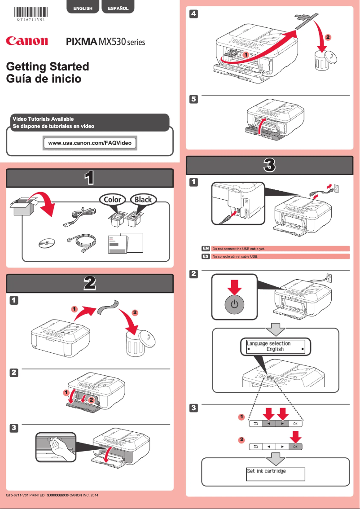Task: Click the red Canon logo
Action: click(27, 41)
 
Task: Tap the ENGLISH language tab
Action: click(83, 8)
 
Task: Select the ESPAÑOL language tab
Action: click(118, 8)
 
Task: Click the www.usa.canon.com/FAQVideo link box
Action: click(90, 143)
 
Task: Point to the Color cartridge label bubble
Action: click(112, 200)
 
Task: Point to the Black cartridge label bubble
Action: click(143, 200)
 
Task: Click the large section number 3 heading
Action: click(268, 165)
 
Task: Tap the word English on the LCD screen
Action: click(275, 349)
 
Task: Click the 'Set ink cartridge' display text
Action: click(266, 471)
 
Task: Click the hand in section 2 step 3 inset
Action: click(58, 449)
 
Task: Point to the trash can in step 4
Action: click(324, 60)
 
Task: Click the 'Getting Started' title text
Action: click(48, 66)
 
